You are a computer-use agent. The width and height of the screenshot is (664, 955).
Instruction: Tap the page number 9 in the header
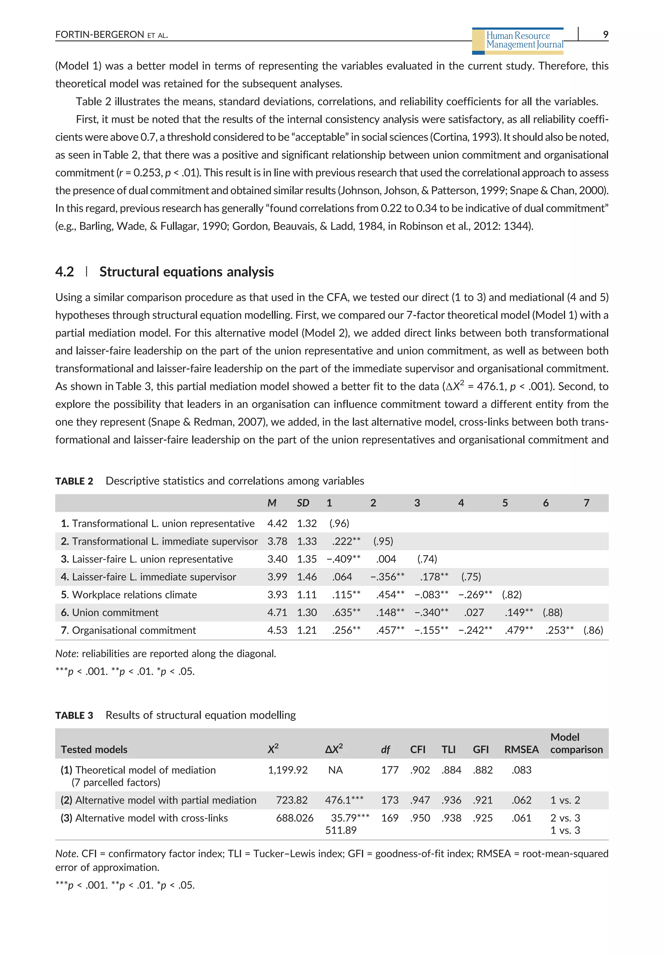pyautogui.click(x=605, y=34)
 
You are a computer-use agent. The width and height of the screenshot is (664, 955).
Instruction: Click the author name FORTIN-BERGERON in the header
pyautogui.click(x=100, y=34)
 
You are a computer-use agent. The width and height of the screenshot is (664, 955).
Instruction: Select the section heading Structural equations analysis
pyautogui.click(x=186, y=272)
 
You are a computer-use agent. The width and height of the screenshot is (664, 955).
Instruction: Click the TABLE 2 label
pyautogui.click(x=74, y=481)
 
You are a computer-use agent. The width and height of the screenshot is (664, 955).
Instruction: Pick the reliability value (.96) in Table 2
pyautogui.click(x=339, y=523)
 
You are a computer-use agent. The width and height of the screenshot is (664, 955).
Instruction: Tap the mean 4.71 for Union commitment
pyautogui.click(x=277, y=612)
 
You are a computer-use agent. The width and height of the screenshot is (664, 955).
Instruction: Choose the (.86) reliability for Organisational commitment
pyautogui.click(x=593, y=630)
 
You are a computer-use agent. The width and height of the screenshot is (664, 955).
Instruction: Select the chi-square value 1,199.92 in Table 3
pyautogui.click(x=288, y=770)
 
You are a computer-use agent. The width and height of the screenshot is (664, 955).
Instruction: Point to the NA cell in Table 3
pyautogui.click(x=335, y=770)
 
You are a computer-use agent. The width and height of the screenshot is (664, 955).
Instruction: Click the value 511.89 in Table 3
pyautogui.click(x=341, y=830)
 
